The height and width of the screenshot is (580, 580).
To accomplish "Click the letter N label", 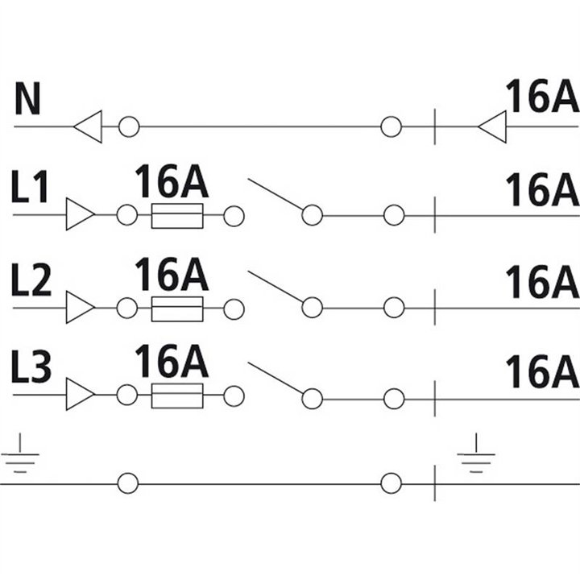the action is [x=27, y=99].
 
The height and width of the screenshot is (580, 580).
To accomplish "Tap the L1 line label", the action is [x=30, y=187].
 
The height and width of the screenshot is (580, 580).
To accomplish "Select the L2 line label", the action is [x=31, y=280].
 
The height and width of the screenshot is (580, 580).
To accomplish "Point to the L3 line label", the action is [x=31, y=367].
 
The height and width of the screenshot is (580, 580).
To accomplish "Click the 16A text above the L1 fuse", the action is [x=172, y=181].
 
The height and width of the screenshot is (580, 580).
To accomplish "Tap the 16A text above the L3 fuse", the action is [x=172, y=361].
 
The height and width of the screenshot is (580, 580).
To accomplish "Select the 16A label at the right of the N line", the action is [x=542, y=95].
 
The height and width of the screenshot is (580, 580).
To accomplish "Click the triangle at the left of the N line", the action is [x=88, y=126].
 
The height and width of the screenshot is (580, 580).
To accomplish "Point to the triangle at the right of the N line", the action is [x=492, y=126].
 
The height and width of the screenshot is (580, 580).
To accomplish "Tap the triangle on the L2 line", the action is [x=81, y=307].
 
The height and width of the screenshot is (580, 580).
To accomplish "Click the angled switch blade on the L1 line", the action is [x=276, y=195].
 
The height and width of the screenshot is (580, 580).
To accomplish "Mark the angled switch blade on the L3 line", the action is [x=276, y=379].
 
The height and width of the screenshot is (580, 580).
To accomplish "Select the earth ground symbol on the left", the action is [x=20, y=454].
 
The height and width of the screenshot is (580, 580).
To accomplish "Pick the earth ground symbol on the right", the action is [x=476, y=454].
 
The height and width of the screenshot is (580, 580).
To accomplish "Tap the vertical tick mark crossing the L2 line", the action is [x=435, y=308].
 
